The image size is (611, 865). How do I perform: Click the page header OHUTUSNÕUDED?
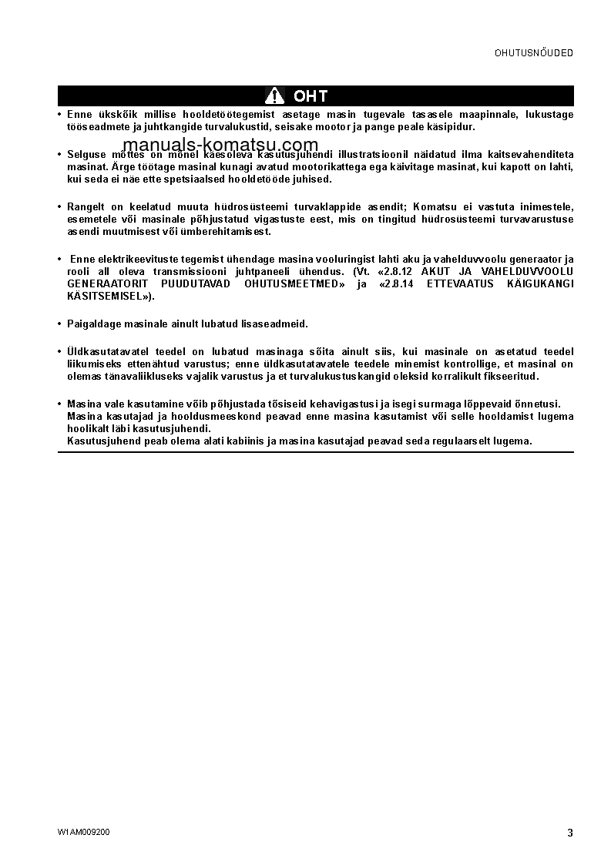coord(533,53)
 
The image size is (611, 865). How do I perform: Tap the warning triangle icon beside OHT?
coord(274,96)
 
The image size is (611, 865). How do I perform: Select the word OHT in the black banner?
coord(311,96)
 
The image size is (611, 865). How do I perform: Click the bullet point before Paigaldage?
coord(60,324)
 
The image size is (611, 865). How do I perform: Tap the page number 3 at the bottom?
coord(569,833)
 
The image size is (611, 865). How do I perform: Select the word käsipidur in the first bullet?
coord(452,126)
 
